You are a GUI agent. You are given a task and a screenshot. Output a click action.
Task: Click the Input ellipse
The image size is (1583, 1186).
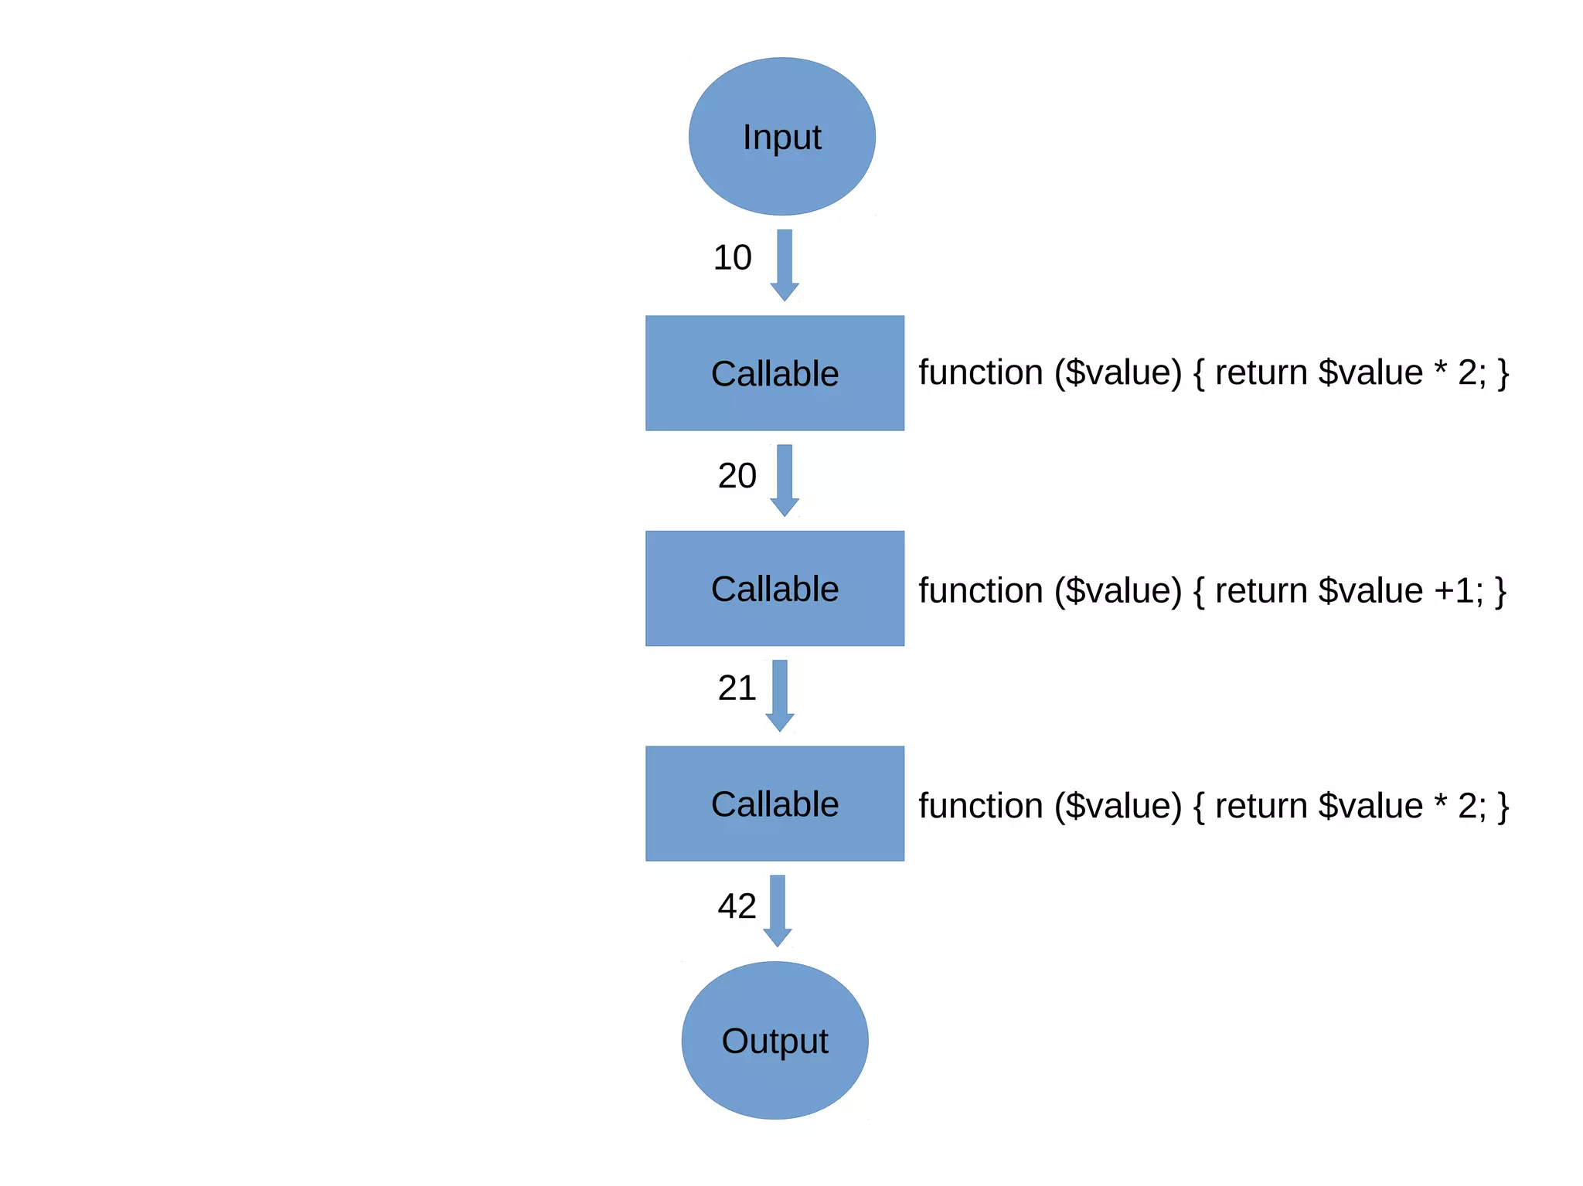[781, 137]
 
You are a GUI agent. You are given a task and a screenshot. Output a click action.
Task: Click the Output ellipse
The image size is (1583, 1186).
[774, 1040]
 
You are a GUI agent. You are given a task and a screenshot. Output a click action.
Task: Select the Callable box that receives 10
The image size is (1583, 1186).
[774, 373]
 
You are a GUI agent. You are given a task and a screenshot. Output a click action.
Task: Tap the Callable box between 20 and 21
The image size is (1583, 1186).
[774, 588]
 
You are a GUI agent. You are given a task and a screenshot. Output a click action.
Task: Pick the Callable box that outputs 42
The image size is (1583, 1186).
[774, 804]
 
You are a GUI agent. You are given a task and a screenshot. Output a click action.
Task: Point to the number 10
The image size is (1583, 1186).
[732, 258]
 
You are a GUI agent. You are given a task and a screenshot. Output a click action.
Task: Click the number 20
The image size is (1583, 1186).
[737, 476]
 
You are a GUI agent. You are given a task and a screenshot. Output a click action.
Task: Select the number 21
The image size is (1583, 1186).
[736, 688]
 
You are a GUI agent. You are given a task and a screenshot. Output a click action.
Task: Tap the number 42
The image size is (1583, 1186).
[737, 906]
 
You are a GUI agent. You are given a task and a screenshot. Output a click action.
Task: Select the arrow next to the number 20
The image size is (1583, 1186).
[785, 480]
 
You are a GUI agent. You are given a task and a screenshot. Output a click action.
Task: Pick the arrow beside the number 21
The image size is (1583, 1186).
[780, 695]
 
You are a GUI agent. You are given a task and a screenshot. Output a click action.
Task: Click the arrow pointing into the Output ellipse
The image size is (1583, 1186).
[778, 910]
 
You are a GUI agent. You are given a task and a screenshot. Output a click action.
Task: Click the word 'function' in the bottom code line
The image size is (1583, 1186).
[980, 806]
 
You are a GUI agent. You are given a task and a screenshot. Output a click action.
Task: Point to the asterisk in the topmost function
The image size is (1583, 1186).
[1441, 369]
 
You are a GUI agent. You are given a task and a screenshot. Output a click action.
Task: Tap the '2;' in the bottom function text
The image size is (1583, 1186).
[1472, 806]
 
